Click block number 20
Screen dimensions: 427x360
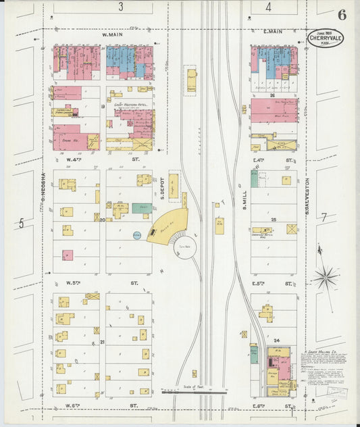[x=102, y=220]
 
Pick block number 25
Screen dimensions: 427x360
[x=274, y=220]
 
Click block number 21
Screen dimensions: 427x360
[x=102, y=343]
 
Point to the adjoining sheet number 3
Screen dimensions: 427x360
[x=120, y=7]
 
